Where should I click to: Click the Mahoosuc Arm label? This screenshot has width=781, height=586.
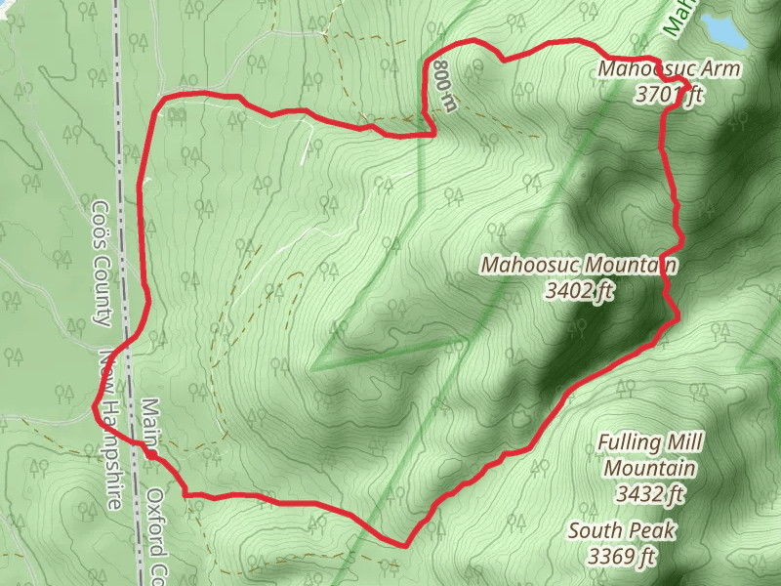coord(669,69)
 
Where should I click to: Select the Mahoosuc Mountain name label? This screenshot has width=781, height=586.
coord(579,265)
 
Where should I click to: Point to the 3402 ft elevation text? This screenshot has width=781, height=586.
coord(579,289)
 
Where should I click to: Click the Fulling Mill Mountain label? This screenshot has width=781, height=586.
coord(649,455)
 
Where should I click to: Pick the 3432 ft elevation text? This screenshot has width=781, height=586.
coord(649,494)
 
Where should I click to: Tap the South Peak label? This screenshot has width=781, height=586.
coord(623,531)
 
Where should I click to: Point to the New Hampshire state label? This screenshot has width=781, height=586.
coord(110,430)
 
